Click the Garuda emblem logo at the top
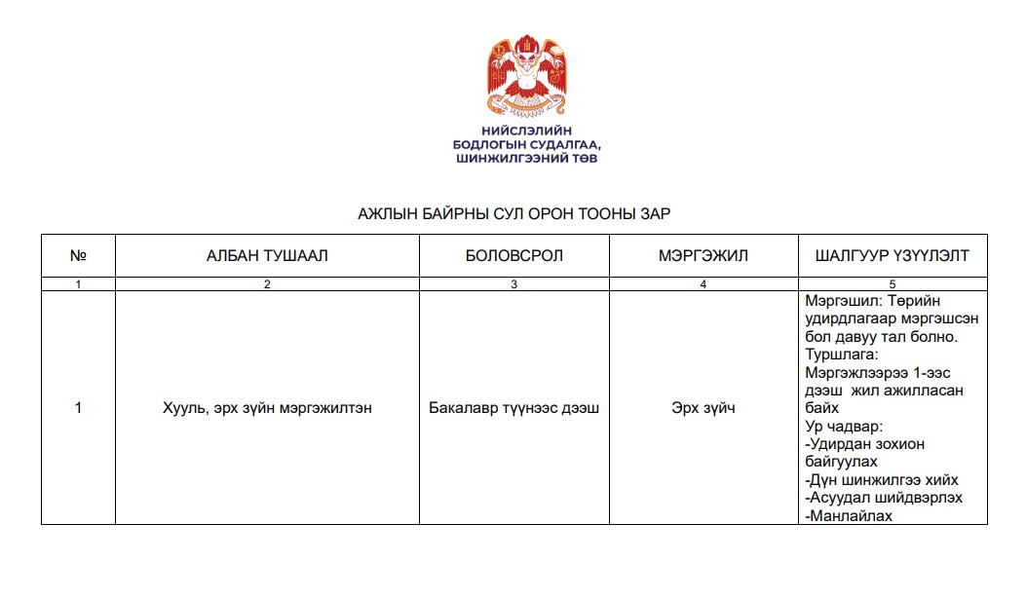point(527,75)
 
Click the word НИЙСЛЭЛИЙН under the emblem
point(526,130)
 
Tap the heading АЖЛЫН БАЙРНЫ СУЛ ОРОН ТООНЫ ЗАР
point(514,213)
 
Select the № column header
point(78,256)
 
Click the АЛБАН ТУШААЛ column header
point(267,256)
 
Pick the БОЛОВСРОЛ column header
point(514,256)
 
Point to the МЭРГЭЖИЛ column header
point(703,256)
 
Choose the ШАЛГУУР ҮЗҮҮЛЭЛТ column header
point(893,256)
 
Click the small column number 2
point(267,284)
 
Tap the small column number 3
point(514,284)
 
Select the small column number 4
point(703,284)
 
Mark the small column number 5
point(893,284)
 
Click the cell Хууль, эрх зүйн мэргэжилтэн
point(267,408)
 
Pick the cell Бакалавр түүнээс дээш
point(514,408)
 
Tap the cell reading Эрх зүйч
point(703,408)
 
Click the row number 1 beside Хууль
point(78,408)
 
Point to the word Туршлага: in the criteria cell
point(844,355)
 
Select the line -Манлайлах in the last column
point(849,516)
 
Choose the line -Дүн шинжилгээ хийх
point(882,480)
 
